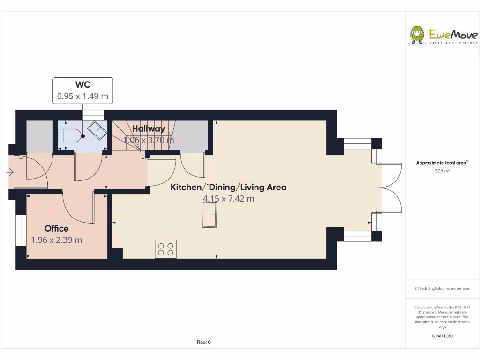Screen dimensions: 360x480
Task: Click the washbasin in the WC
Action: [x=97, y=130]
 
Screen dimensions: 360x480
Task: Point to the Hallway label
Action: [x=148, y=129]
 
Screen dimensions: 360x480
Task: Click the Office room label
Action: [x=56, y=228]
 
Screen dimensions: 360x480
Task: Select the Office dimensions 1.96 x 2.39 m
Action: [x=56, y=240]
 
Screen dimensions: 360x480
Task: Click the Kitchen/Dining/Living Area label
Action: [x=228, y=187]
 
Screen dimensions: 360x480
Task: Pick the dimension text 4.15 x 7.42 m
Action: [x=228, y=199]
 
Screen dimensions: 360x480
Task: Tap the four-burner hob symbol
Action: [x=165, y=249]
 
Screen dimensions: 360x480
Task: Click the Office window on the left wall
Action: [x=20, y=230]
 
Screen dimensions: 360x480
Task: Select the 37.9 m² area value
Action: [x=442, y=171]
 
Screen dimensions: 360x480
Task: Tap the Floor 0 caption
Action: [x=203, y=342]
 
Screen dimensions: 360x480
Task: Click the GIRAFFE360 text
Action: [x=442, y=336]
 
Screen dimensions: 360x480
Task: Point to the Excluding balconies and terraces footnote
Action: [x=442, y=289]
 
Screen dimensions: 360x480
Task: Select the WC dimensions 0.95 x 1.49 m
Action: [x=82, y=97]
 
